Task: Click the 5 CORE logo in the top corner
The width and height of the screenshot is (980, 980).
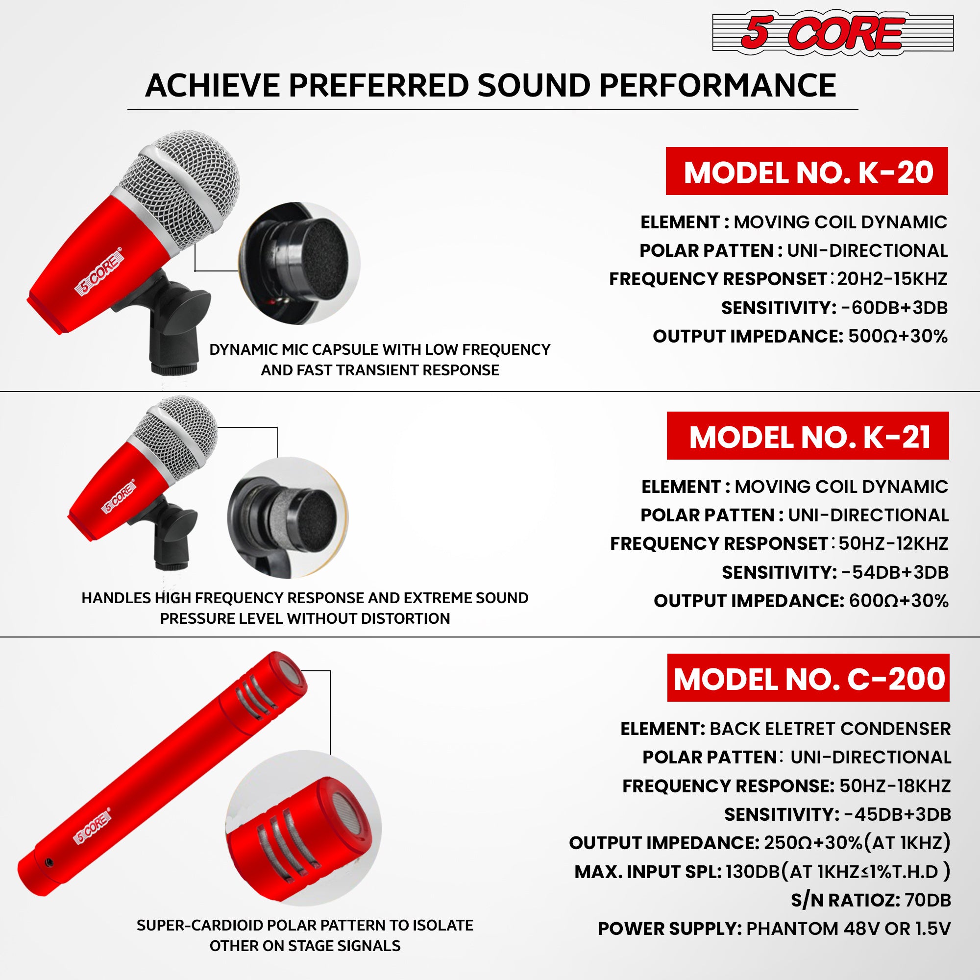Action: click(x=833, y=32)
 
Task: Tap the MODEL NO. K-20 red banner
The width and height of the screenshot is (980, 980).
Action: click(x=807, y=171)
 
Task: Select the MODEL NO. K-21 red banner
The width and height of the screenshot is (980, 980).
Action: click(x=808, y=436)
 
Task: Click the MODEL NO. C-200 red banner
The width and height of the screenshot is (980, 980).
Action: click(x=808, y=678)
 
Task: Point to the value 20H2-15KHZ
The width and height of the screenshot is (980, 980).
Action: click(x=892, y=279)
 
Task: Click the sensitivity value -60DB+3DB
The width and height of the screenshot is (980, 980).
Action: click(x=894, y=308)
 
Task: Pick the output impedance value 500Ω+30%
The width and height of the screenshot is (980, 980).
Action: click(x=898, y=336)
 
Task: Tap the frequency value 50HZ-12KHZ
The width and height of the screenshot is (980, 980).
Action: click(x=893, y=544)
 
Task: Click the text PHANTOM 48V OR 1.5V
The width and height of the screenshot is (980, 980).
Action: click(x=848, y=929)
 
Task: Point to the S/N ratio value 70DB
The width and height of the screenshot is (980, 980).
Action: click(x=928, y=900)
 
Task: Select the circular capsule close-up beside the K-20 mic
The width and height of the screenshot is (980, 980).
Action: click(x=299, y=263)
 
